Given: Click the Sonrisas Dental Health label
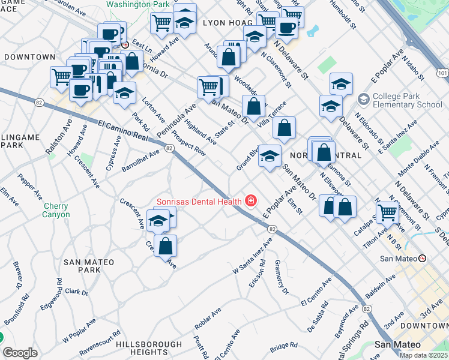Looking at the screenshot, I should pyautogui.click(x=199, y=201).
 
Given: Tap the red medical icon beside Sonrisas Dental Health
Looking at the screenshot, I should pyautogui.click(x=250, y=201).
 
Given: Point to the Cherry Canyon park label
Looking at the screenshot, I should pyautogui.click(x=56, y=210).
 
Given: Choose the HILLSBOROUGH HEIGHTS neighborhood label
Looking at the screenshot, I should pyautogui.click(x=149, y=349).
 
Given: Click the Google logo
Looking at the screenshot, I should pyautogui.click(x=20, y=353).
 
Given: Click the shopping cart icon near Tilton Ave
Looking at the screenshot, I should pyautogui.click(x=388, y=212).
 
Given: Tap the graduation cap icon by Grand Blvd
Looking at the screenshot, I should pyautogui.click(x=270, y=155).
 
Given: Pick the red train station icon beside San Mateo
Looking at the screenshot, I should pyautogui.click(x=422, y=259).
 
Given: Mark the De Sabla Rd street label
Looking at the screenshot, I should pyautogui.click(x=319, y=320).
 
